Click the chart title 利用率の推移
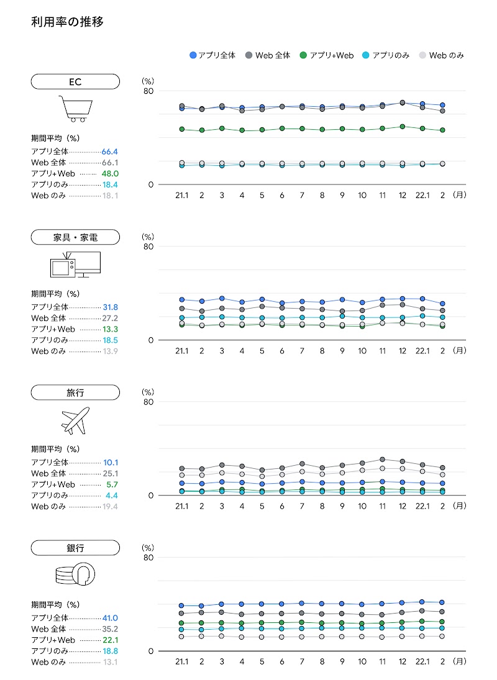[67, 22]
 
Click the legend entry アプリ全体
[213, 55]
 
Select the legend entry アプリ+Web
[327, 55]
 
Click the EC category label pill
[75, 81]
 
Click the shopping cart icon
[75, 108]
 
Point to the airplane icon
[75, 420]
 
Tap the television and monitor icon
[75, 265]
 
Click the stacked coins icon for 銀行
[75, 574]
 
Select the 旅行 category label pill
[75, 392]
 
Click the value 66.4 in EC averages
[110, 152]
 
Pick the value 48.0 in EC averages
[110, 174]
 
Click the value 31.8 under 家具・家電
[110, 307]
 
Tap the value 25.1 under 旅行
[110, 474]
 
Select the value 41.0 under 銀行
[110, 618]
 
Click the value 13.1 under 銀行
[110, 662]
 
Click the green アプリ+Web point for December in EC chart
[403, 127]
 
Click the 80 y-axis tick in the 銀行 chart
[148, 558]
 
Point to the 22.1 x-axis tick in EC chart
[422, 194]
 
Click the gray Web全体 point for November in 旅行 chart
[382, 460]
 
